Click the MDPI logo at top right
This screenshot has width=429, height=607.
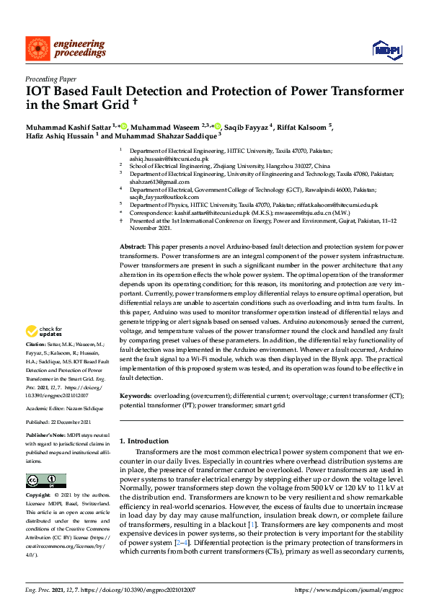[x=383, y=48]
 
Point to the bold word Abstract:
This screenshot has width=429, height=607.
[x=132, y=247]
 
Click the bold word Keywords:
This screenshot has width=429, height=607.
[x=135, y=396]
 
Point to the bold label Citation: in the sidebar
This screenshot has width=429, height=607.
[x=37, y=345]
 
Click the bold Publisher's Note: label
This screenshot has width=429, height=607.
[x=45, y=435]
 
